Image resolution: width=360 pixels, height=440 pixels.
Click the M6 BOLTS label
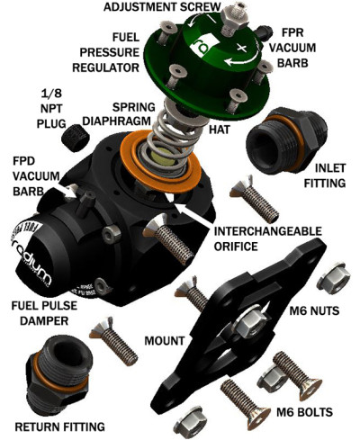(296, 413)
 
